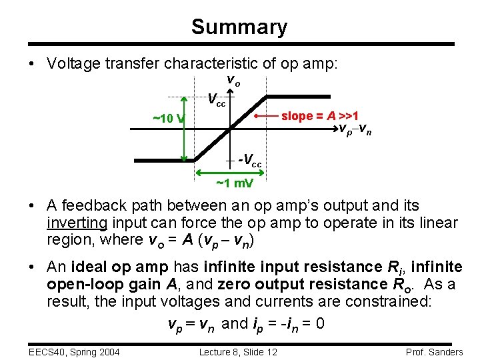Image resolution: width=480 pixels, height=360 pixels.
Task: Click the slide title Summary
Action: pos(239,27)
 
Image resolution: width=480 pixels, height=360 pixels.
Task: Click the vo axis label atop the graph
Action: pos(233,80)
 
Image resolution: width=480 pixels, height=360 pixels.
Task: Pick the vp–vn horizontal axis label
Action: pos(355,129)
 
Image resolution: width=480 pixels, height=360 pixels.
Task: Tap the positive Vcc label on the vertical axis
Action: pos(216,100)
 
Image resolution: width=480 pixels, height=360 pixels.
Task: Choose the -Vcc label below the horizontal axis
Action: pos(250,161)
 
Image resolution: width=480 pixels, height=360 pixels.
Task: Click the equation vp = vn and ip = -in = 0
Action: pos(245,324)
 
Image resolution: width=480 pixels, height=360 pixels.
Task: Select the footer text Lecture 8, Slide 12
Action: pos(239,352)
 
